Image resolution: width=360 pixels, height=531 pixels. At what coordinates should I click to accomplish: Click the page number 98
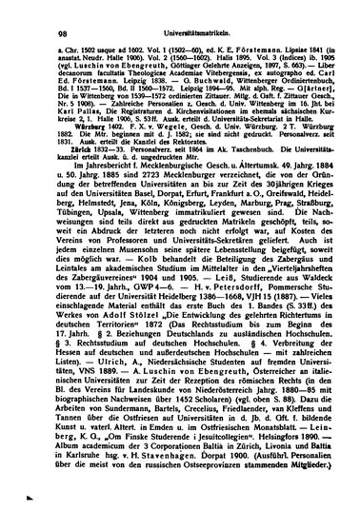click(x=39, y=11)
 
